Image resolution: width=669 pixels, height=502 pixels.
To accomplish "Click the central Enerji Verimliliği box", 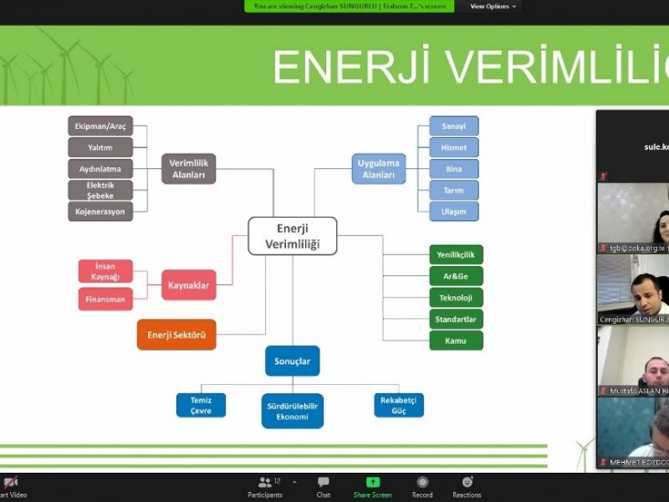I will point(293,236).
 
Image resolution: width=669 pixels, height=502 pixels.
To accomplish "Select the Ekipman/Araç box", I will point(100,126).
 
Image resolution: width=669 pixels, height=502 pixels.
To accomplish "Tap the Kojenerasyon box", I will point(100,212).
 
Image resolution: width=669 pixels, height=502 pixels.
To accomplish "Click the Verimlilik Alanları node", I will point(188,168).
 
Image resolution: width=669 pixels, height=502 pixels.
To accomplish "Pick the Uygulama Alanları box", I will point(378,168).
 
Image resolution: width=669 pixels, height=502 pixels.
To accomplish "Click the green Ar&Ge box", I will point(456,276).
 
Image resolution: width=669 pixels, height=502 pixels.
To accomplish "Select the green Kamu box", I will point(456,341).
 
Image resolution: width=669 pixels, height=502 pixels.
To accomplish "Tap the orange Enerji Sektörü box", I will point(176,335).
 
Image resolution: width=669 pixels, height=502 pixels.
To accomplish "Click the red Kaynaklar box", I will point(188,285).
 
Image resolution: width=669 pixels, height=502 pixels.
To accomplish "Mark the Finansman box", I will point(105,299).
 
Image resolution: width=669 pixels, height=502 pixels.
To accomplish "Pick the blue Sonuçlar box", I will point(293,361).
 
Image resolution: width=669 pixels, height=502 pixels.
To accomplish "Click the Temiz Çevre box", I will point(201,405).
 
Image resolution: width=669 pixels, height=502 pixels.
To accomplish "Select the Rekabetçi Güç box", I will point(398,405).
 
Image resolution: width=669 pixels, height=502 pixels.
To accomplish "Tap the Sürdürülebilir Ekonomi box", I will point(293,411).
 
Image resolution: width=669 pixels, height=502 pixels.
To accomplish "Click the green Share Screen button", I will point(373,487).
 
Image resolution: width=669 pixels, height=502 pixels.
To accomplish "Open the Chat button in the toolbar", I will point(323,487).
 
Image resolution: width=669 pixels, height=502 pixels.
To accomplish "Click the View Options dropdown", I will point(493,6).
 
